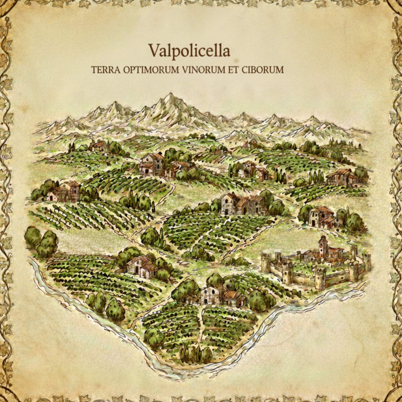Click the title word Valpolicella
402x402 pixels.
[189, 50]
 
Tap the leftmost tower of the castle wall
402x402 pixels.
[265, 262]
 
